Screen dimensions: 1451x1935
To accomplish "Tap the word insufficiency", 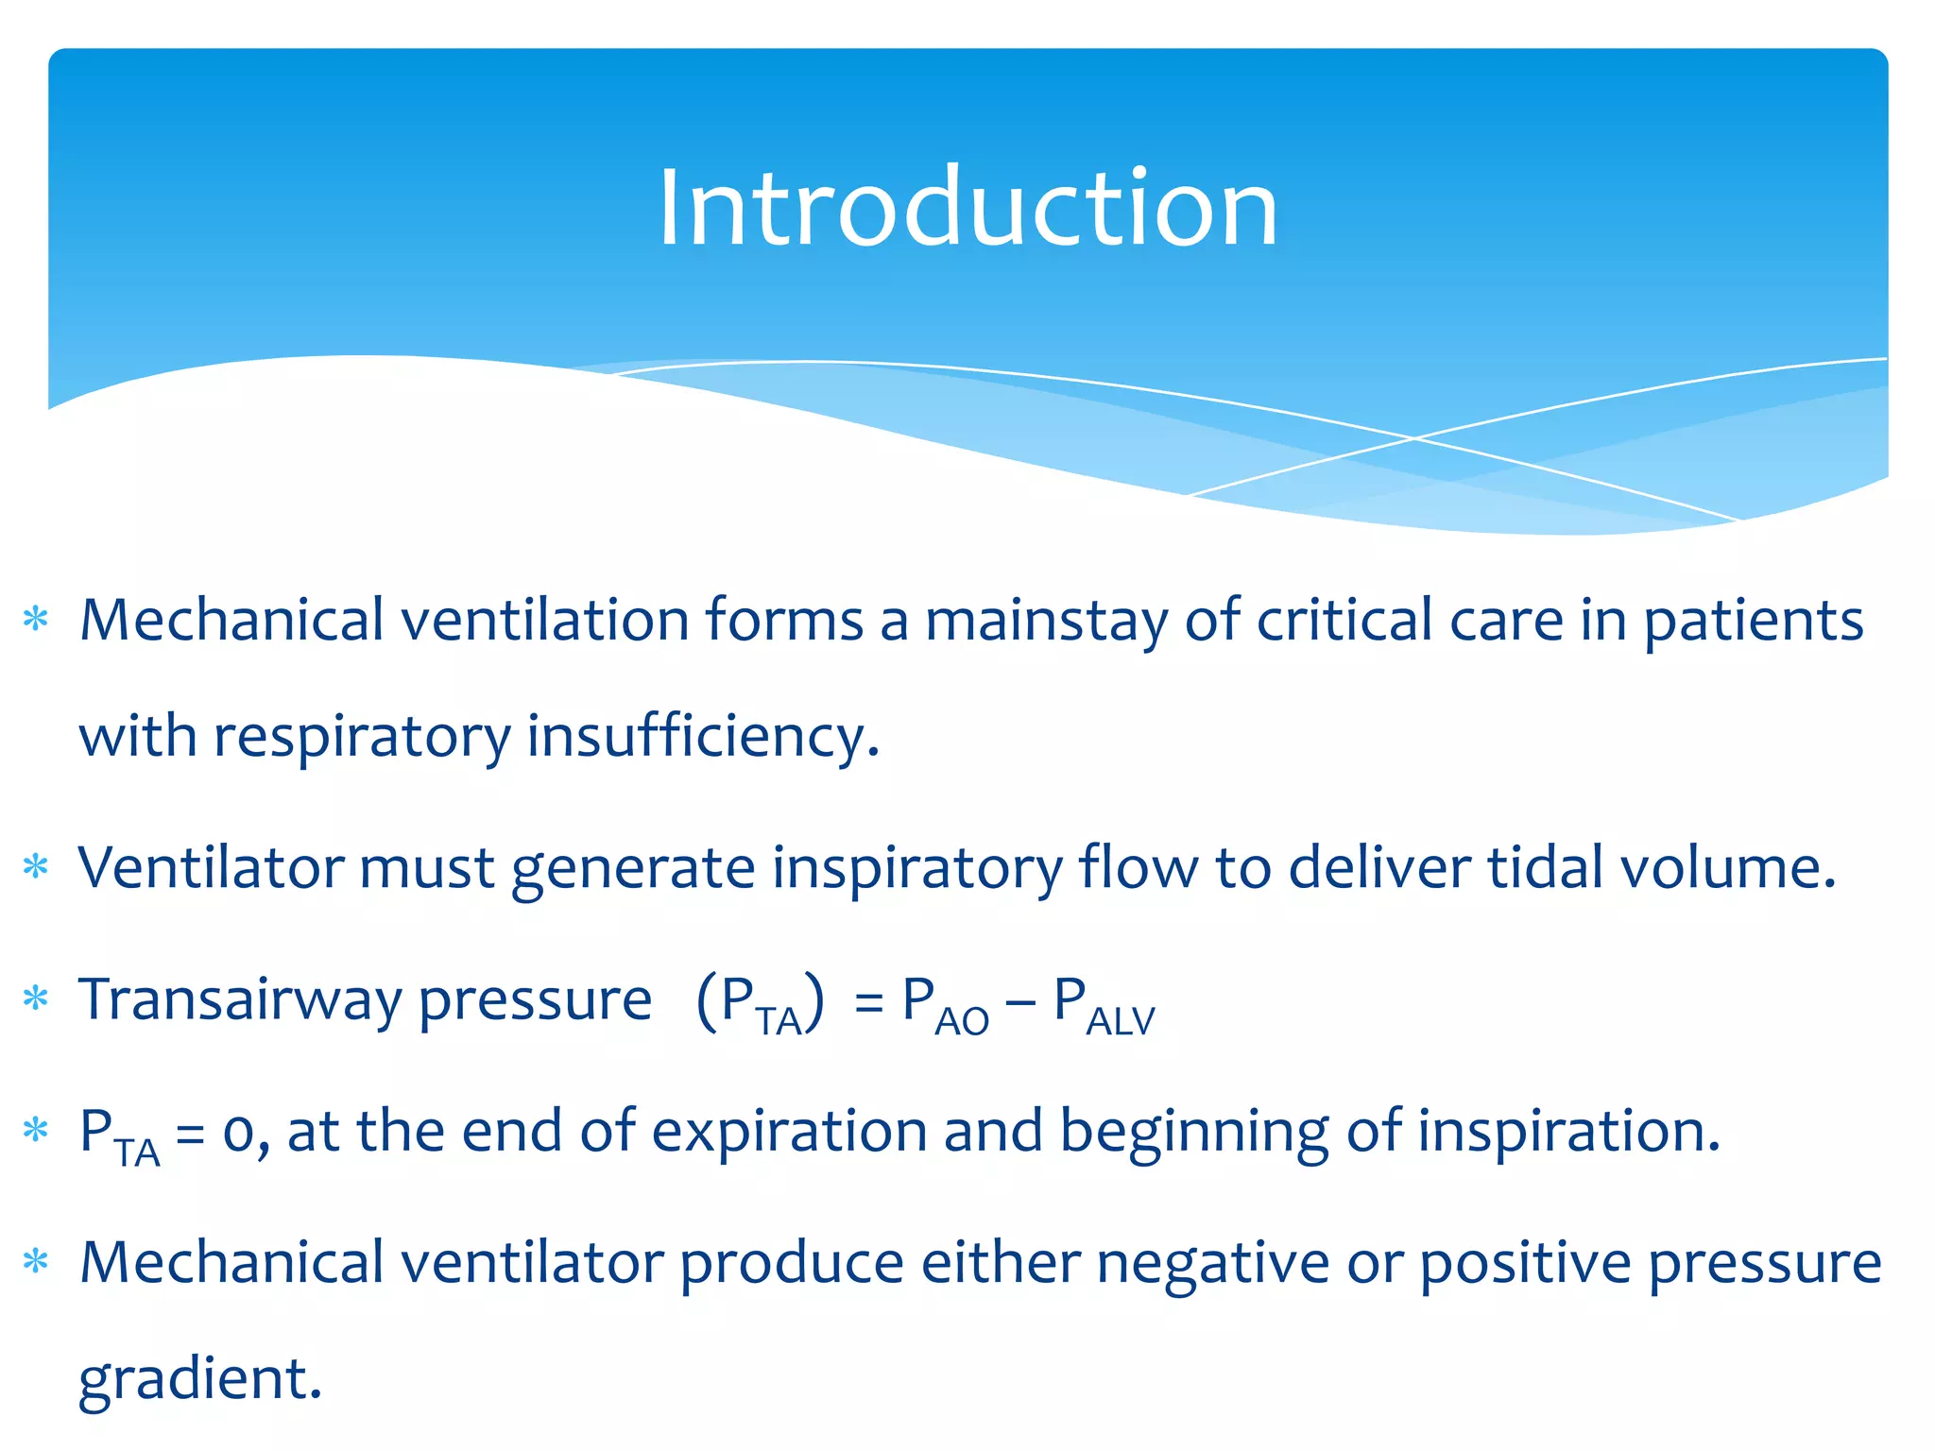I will click(702, 737).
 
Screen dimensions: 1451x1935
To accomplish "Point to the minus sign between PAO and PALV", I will click(1020, 1003).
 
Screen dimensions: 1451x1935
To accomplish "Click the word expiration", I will click(789, 1132).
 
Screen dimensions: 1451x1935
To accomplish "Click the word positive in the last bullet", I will click(1526, 1265).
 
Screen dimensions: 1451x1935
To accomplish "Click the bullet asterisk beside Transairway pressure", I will click(36, 999).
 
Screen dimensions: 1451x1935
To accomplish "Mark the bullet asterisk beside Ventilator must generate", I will click(36, 867).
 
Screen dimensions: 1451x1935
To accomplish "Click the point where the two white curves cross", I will click(1414, 438).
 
